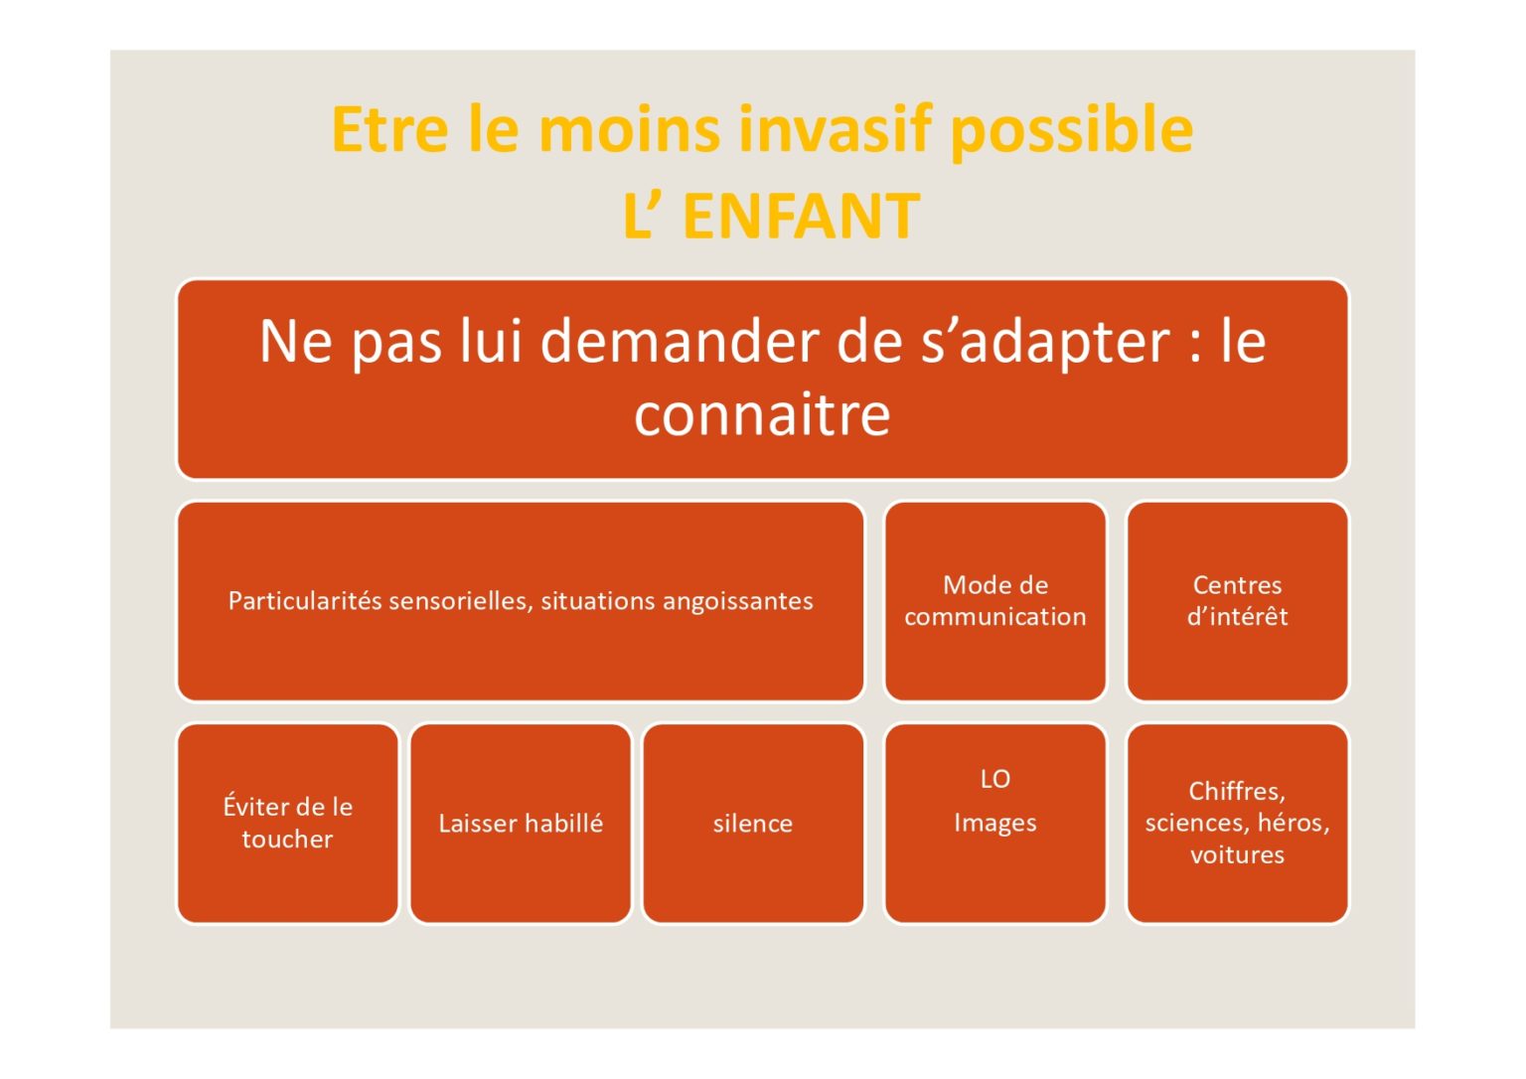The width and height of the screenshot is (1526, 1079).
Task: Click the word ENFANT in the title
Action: (x=801, y=216)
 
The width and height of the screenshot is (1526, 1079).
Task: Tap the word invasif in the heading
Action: (x=835, y=129)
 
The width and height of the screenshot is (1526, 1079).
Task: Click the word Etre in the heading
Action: (x=389, y=129)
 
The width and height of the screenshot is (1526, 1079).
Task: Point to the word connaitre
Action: (x=762, y=414)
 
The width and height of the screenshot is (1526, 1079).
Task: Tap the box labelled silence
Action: (x=753, y=824)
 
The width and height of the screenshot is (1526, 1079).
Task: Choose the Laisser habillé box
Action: (x=521, y=824)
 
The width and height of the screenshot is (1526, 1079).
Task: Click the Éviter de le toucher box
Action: (x=287, y=824)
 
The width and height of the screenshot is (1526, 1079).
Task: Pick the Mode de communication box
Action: (x=995, y=601)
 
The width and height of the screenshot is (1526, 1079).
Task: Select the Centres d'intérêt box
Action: (x=1237, y=601)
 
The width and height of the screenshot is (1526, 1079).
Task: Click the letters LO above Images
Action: (x=995, y=779)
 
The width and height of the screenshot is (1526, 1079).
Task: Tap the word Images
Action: (x=995, y=823)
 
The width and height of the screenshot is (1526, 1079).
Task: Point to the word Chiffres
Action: (x=1237, y=792)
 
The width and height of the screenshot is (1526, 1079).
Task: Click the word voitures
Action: (x=1237, y=854)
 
